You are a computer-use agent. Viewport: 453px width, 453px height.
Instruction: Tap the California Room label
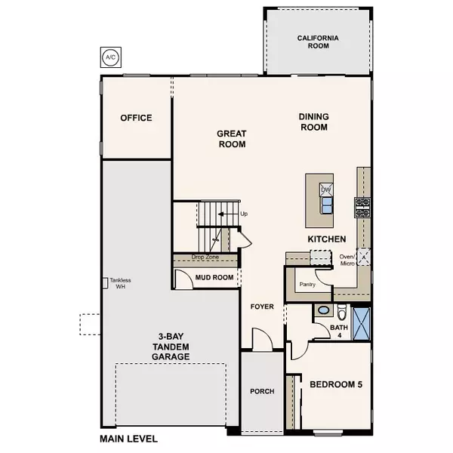(317, 42)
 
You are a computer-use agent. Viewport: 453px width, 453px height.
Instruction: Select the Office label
(136, 118)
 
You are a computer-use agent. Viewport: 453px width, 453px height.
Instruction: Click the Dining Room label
(313, 122)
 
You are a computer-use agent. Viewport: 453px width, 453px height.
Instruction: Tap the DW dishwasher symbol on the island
(326, 190)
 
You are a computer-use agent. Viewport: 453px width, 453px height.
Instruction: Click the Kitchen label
(326, 239)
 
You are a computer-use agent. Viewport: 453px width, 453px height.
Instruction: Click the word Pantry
(307, 285)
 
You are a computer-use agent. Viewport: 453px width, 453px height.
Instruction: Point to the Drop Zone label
(204, 257)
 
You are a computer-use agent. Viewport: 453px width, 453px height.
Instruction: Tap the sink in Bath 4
(323, 310)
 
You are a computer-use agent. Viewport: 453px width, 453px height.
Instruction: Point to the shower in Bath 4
(360, 321)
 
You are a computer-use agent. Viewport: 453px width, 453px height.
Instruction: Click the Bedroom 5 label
(336, 384)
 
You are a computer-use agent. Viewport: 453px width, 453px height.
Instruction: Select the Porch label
(262, 391)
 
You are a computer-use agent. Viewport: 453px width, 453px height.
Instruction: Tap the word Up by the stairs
(243, 214)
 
